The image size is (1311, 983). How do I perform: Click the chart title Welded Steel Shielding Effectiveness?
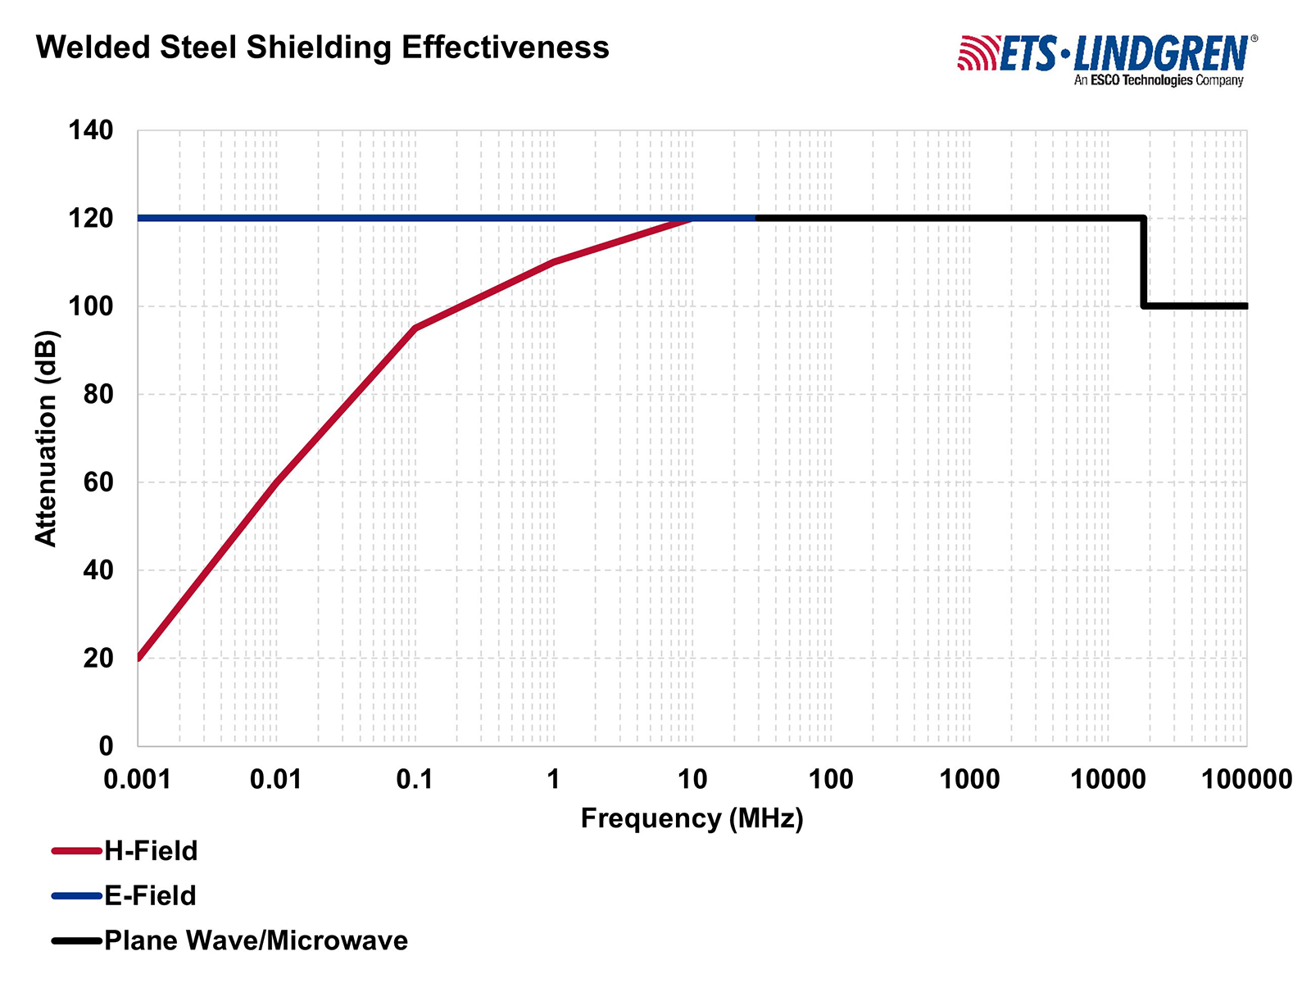point(323,48)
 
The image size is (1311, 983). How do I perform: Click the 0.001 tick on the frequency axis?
point(138,778)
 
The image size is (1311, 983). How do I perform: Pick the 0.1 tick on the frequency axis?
point(415,778)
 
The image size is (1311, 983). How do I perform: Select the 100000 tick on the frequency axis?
point(1246,778)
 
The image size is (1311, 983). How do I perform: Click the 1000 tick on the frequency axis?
point(969,778)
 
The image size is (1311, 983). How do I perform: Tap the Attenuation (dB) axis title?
point(46,437)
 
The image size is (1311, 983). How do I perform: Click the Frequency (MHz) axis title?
point(692,818)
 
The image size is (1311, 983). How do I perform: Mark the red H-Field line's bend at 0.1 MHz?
point(415,328)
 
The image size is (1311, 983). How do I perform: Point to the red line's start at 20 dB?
point(139,657)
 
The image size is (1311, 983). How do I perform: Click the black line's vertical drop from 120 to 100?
point(1143,262)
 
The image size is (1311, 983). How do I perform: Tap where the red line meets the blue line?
point(692,219)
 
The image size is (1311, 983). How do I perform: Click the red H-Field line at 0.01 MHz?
point(276,482)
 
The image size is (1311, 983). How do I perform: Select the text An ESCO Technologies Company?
point(1159,80)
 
